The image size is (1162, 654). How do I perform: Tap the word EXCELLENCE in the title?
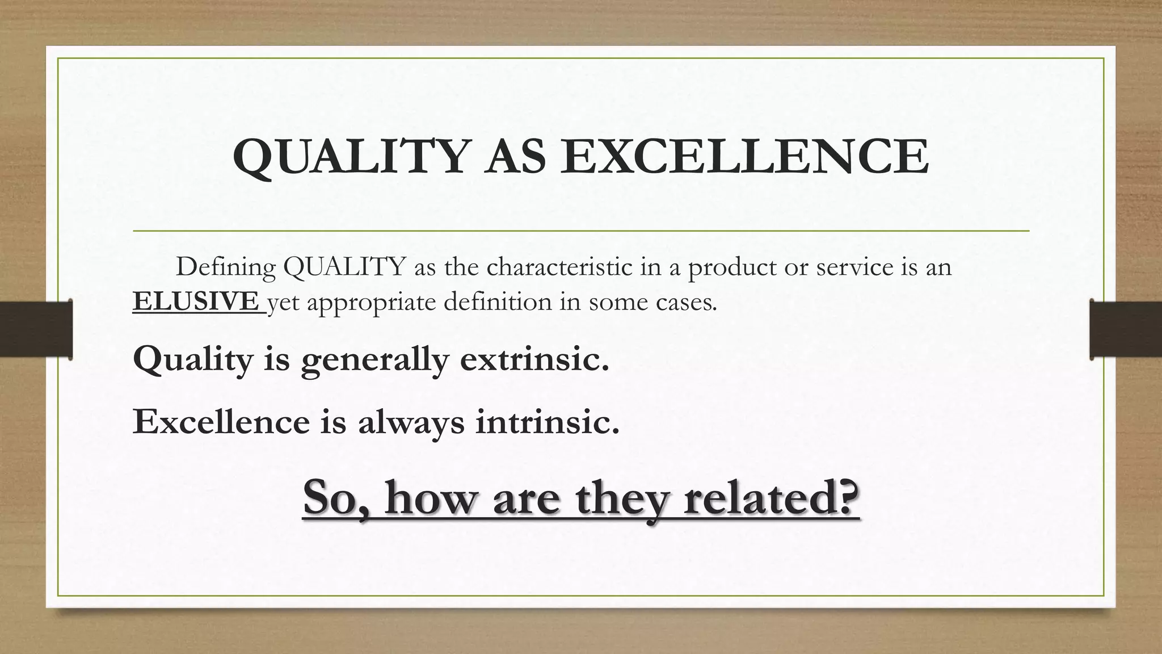pyautogui.click(x=744, y=157)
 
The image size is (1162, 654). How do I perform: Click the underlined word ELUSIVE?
pyautogui.click(x=196, y=301)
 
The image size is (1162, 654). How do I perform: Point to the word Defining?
pyautogui.click(x=225, y=267)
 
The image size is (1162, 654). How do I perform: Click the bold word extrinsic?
pyautogui.click(x=534, y=359)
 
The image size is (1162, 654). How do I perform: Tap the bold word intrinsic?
pyautogui.click(x=547, y=421)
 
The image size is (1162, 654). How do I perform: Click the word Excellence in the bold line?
pyautogui.click(x=221, y=421)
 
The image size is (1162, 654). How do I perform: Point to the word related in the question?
pyautogui.click(x=771, y=497)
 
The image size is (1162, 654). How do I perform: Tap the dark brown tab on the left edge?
pyautogui.click(x=36, y=329)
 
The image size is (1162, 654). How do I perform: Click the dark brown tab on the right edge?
pyautogui.click(x=1126, y=329)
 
